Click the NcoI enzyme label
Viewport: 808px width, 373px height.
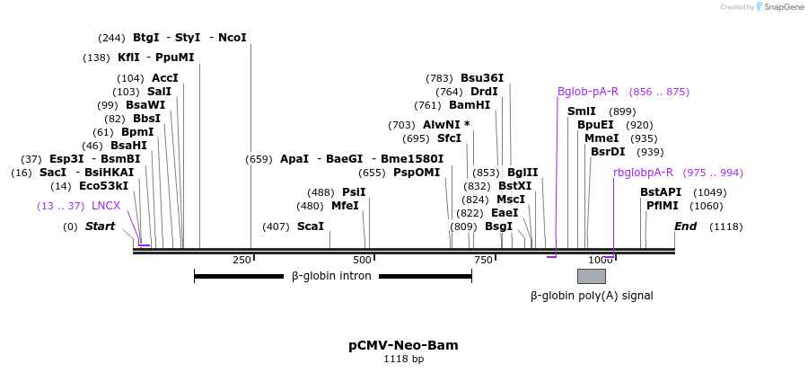pos(232,38)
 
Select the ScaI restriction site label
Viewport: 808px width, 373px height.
pos(311,226)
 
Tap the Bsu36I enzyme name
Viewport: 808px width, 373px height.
pos(482,78)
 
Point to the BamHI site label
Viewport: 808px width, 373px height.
pos(470,105)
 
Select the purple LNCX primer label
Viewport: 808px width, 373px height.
pos(106,206)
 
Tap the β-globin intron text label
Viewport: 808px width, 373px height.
pos(331,276)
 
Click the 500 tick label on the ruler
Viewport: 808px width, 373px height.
pos(362,260)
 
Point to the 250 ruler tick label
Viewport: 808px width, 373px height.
pos(242,260)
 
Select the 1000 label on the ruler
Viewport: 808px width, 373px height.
pos(601,260)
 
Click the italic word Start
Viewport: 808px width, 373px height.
pos(100,226)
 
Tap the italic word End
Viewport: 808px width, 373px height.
pos(686,226)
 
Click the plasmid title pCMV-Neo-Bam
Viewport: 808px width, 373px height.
pos(403,345)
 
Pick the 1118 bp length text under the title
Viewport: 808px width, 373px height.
pos(403,360)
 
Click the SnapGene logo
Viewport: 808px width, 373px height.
pos(780,7)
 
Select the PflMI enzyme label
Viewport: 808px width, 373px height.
pos(663,206)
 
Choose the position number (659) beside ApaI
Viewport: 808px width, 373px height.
pos(259,159)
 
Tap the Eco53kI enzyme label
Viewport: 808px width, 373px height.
pos(103,186)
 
